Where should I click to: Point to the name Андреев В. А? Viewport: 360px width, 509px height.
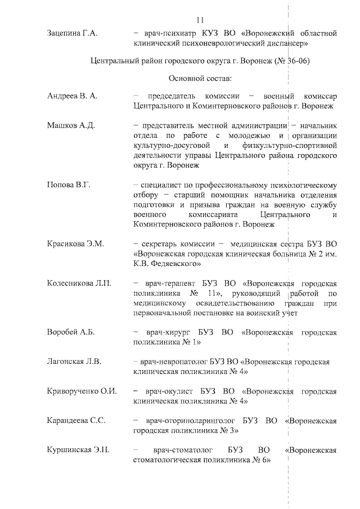72,96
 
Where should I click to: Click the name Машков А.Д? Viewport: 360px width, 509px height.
71,125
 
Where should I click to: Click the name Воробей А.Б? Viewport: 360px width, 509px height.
71,332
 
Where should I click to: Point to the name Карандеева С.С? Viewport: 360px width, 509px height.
76,421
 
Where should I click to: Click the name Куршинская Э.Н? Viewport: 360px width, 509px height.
78,450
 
